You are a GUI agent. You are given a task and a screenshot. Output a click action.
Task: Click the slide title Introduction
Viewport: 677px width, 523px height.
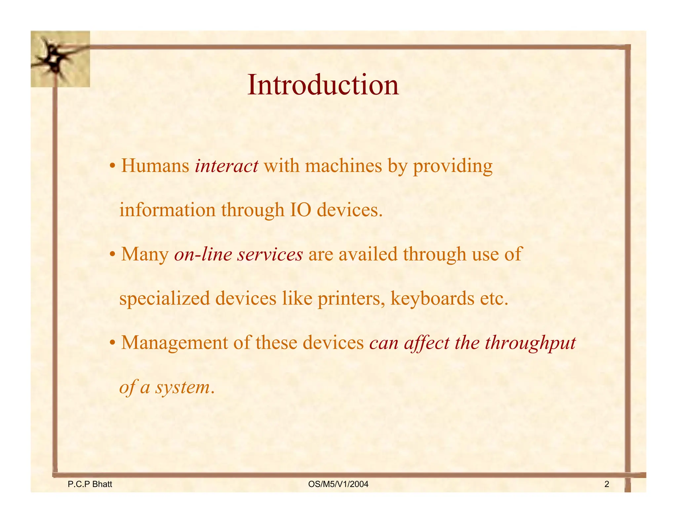[x=323, y=85]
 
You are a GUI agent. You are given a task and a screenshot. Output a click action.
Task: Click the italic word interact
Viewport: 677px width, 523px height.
[x=226, y=166]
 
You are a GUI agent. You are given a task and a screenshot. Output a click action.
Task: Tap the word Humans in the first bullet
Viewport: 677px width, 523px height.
[x=155, y=166]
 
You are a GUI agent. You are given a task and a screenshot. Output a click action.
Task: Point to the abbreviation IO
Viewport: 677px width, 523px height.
[x=300, y=210]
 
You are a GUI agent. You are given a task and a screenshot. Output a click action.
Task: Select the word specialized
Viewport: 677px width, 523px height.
[x=165, y=299]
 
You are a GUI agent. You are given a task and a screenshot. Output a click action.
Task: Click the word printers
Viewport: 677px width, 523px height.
[x=351, y=299]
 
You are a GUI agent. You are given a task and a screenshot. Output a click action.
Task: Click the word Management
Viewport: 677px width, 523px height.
[x=175, y=343]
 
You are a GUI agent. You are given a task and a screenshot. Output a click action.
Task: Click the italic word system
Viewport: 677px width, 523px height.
[x=182, y=387]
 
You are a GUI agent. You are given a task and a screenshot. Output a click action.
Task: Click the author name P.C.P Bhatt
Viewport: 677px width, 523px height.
[x=90, y=485]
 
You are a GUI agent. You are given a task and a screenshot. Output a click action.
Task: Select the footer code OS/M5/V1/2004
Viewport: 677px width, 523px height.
[x=338, y=485]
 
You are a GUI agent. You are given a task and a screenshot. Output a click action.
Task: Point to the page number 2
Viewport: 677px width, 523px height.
[x=607, y=485]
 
